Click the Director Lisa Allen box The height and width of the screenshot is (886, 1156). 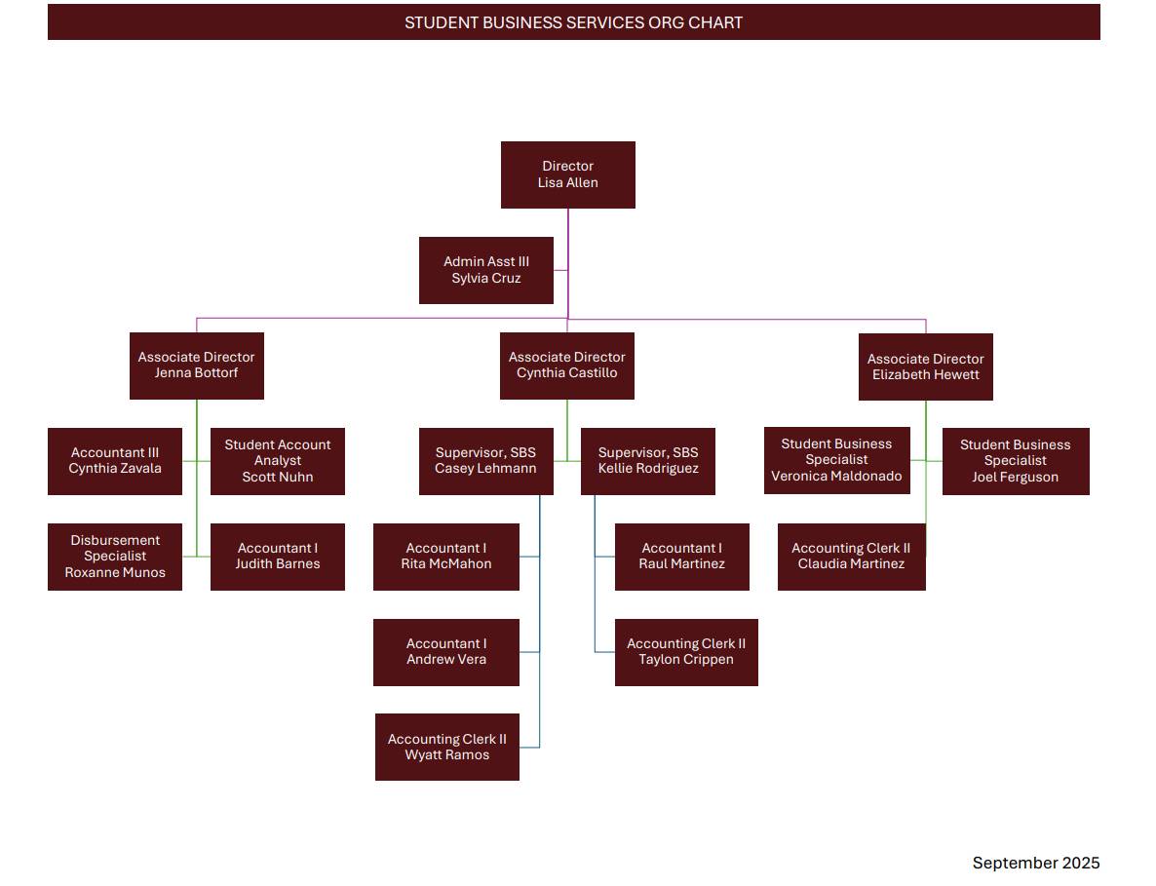pos(567,174)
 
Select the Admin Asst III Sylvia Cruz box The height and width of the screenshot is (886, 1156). pos(485,270)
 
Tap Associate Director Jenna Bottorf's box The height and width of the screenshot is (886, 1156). pos(196,366)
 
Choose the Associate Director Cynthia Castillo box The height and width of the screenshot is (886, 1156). pos(566,366)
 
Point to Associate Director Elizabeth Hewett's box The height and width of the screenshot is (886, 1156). pos(925,366)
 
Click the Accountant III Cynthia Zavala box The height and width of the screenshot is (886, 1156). pos(115,461)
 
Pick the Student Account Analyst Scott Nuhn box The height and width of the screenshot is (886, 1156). pos(278,461)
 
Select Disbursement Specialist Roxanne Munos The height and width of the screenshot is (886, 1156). pos(115,557)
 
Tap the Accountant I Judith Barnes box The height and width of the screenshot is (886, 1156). pos(278,557)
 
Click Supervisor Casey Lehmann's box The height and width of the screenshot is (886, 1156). pos(485,461)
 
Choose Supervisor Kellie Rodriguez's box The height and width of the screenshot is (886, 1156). pos(648,461)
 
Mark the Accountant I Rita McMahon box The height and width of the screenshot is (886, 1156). pos(445,557)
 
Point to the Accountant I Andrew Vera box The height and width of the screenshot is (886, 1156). pos(445,652)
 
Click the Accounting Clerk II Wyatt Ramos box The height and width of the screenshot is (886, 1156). pos(446,748)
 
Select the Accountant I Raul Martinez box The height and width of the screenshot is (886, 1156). pos(681,557)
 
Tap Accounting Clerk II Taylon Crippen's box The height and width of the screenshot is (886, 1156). pos(686,652)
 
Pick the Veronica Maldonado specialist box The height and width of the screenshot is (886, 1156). pos(836,460)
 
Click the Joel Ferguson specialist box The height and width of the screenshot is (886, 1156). pos(1015,461)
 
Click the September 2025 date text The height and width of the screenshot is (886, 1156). pos(1035,863)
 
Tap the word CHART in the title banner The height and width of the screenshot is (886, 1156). pos(715,22)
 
